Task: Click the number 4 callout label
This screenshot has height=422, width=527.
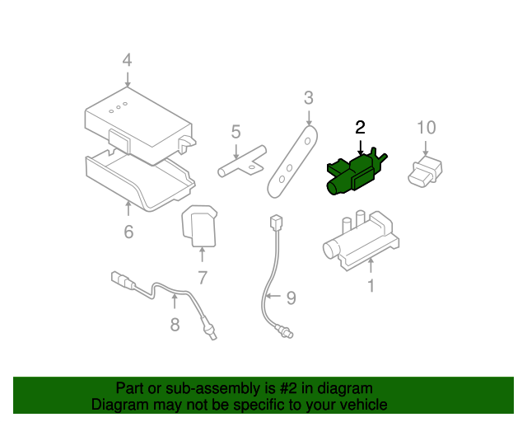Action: click(127, 60)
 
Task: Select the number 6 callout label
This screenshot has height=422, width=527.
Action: click(128, 232)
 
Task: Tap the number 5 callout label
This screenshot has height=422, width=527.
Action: click(236, 131)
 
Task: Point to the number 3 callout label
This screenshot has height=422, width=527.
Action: click(308, 98)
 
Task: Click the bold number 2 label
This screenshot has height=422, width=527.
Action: click(360, 127)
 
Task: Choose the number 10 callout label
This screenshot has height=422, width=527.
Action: click(426, 128)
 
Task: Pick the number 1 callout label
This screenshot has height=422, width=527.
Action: click(371, 286)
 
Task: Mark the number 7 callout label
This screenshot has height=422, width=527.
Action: click(202, 278)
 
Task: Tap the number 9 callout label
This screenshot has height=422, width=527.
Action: click(289, 298)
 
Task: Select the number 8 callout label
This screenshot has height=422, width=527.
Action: click(175, 324)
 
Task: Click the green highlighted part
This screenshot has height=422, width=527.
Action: click(354, 173)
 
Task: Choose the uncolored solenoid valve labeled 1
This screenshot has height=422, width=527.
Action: click(359, 239)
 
